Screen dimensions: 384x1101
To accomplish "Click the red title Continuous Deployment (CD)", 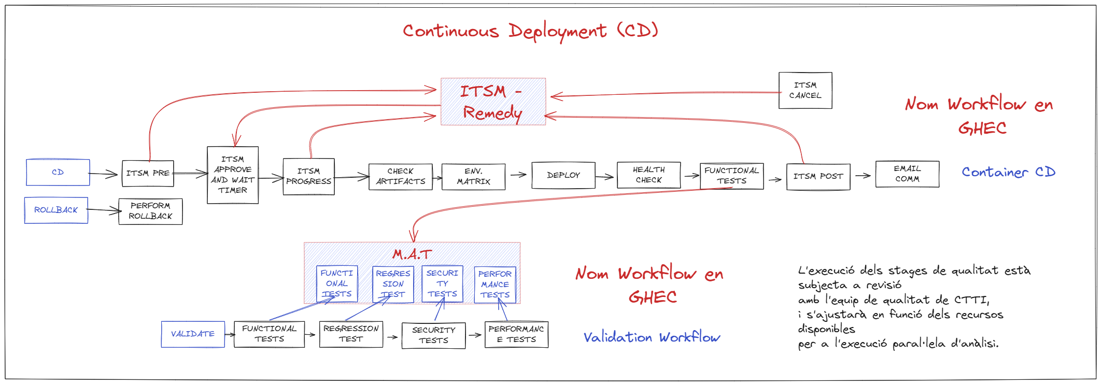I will coord(530,31).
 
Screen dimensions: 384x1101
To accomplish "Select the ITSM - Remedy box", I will coord(492,102).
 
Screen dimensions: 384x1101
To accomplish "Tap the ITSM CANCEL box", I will coord(805,91).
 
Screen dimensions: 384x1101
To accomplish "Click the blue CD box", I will coord(58,173).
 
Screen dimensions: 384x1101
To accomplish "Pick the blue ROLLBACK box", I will coord(56,210).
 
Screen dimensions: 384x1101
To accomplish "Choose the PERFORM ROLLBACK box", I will coord(150,211).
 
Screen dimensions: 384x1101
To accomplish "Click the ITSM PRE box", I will coord(148,174).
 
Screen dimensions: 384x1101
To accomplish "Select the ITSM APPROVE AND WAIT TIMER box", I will coord(233,175).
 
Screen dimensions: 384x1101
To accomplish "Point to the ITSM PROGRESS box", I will coord(308,177).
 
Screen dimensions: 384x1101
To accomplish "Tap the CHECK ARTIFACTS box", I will coord(400,177).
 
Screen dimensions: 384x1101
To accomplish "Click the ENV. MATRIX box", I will coord(473,177).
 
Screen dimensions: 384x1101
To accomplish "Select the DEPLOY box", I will coord(563,176).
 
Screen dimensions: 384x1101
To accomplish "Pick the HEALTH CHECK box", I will coord(648,175).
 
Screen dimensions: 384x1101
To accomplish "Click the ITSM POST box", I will coord(818,177).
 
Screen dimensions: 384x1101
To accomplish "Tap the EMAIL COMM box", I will coord(907,174).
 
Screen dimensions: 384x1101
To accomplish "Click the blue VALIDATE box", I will coord(193,334).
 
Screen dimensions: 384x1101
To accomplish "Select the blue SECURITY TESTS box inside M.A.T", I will coord(442,284).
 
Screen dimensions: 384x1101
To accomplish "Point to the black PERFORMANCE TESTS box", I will coord(516,335).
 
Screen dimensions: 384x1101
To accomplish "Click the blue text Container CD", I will coord(1008,172).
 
